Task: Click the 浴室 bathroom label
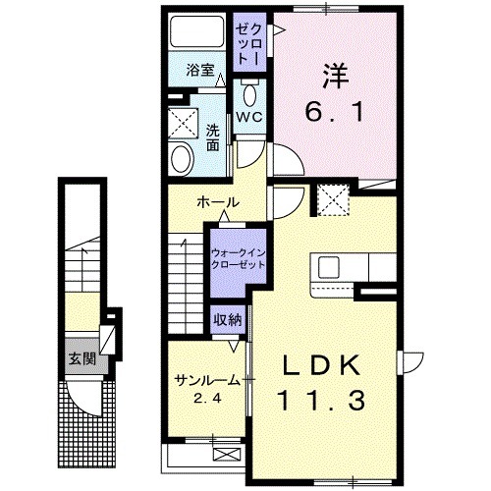coord(199,72)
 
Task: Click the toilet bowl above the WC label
coord(249,95)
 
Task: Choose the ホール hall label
coord(217,202)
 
